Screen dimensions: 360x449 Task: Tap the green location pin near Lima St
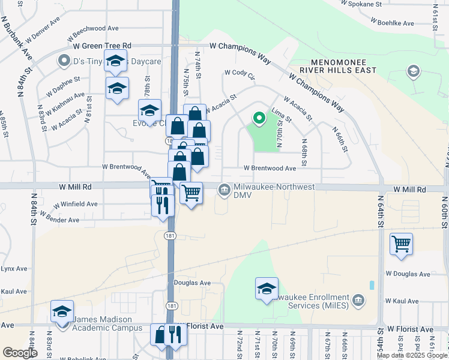pyautogui.click(x=259, y=119)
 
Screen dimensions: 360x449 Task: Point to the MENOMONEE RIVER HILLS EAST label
pyautogui.click(x=351, y=68)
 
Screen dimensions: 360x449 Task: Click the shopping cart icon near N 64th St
pyautogui.click(x=401, y=244)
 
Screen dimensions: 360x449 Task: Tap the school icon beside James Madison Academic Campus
pyautogui.click(x=62, y=312)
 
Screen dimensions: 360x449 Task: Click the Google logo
pyautogui.click(x=20, y=352)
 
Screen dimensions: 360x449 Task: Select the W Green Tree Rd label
pyautogui.click(x=102, y=46)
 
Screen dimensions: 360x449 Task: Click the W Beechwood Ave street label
pyautogui.click(x=96, y=28)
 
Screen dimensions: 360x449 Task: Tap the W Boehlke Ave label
pyautogui.click(x=393, y=23)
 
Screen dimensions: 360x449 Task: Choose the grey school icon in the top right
pyautogui.click(x=412, y=73)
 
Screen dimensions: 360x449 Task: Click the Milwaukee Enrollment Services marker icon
pyautogui.click(x=358, y=299)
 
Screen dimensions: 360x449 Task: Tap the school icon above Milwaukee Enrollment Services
pyautogui.click(x=267, y=289)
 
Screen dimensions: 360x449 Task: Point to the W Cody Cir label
pyautogui.click(x=240, y=73)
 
